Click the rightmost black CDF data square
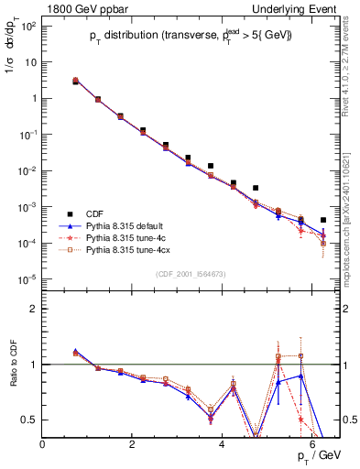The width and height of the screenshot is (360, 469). tap(323, 220)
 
